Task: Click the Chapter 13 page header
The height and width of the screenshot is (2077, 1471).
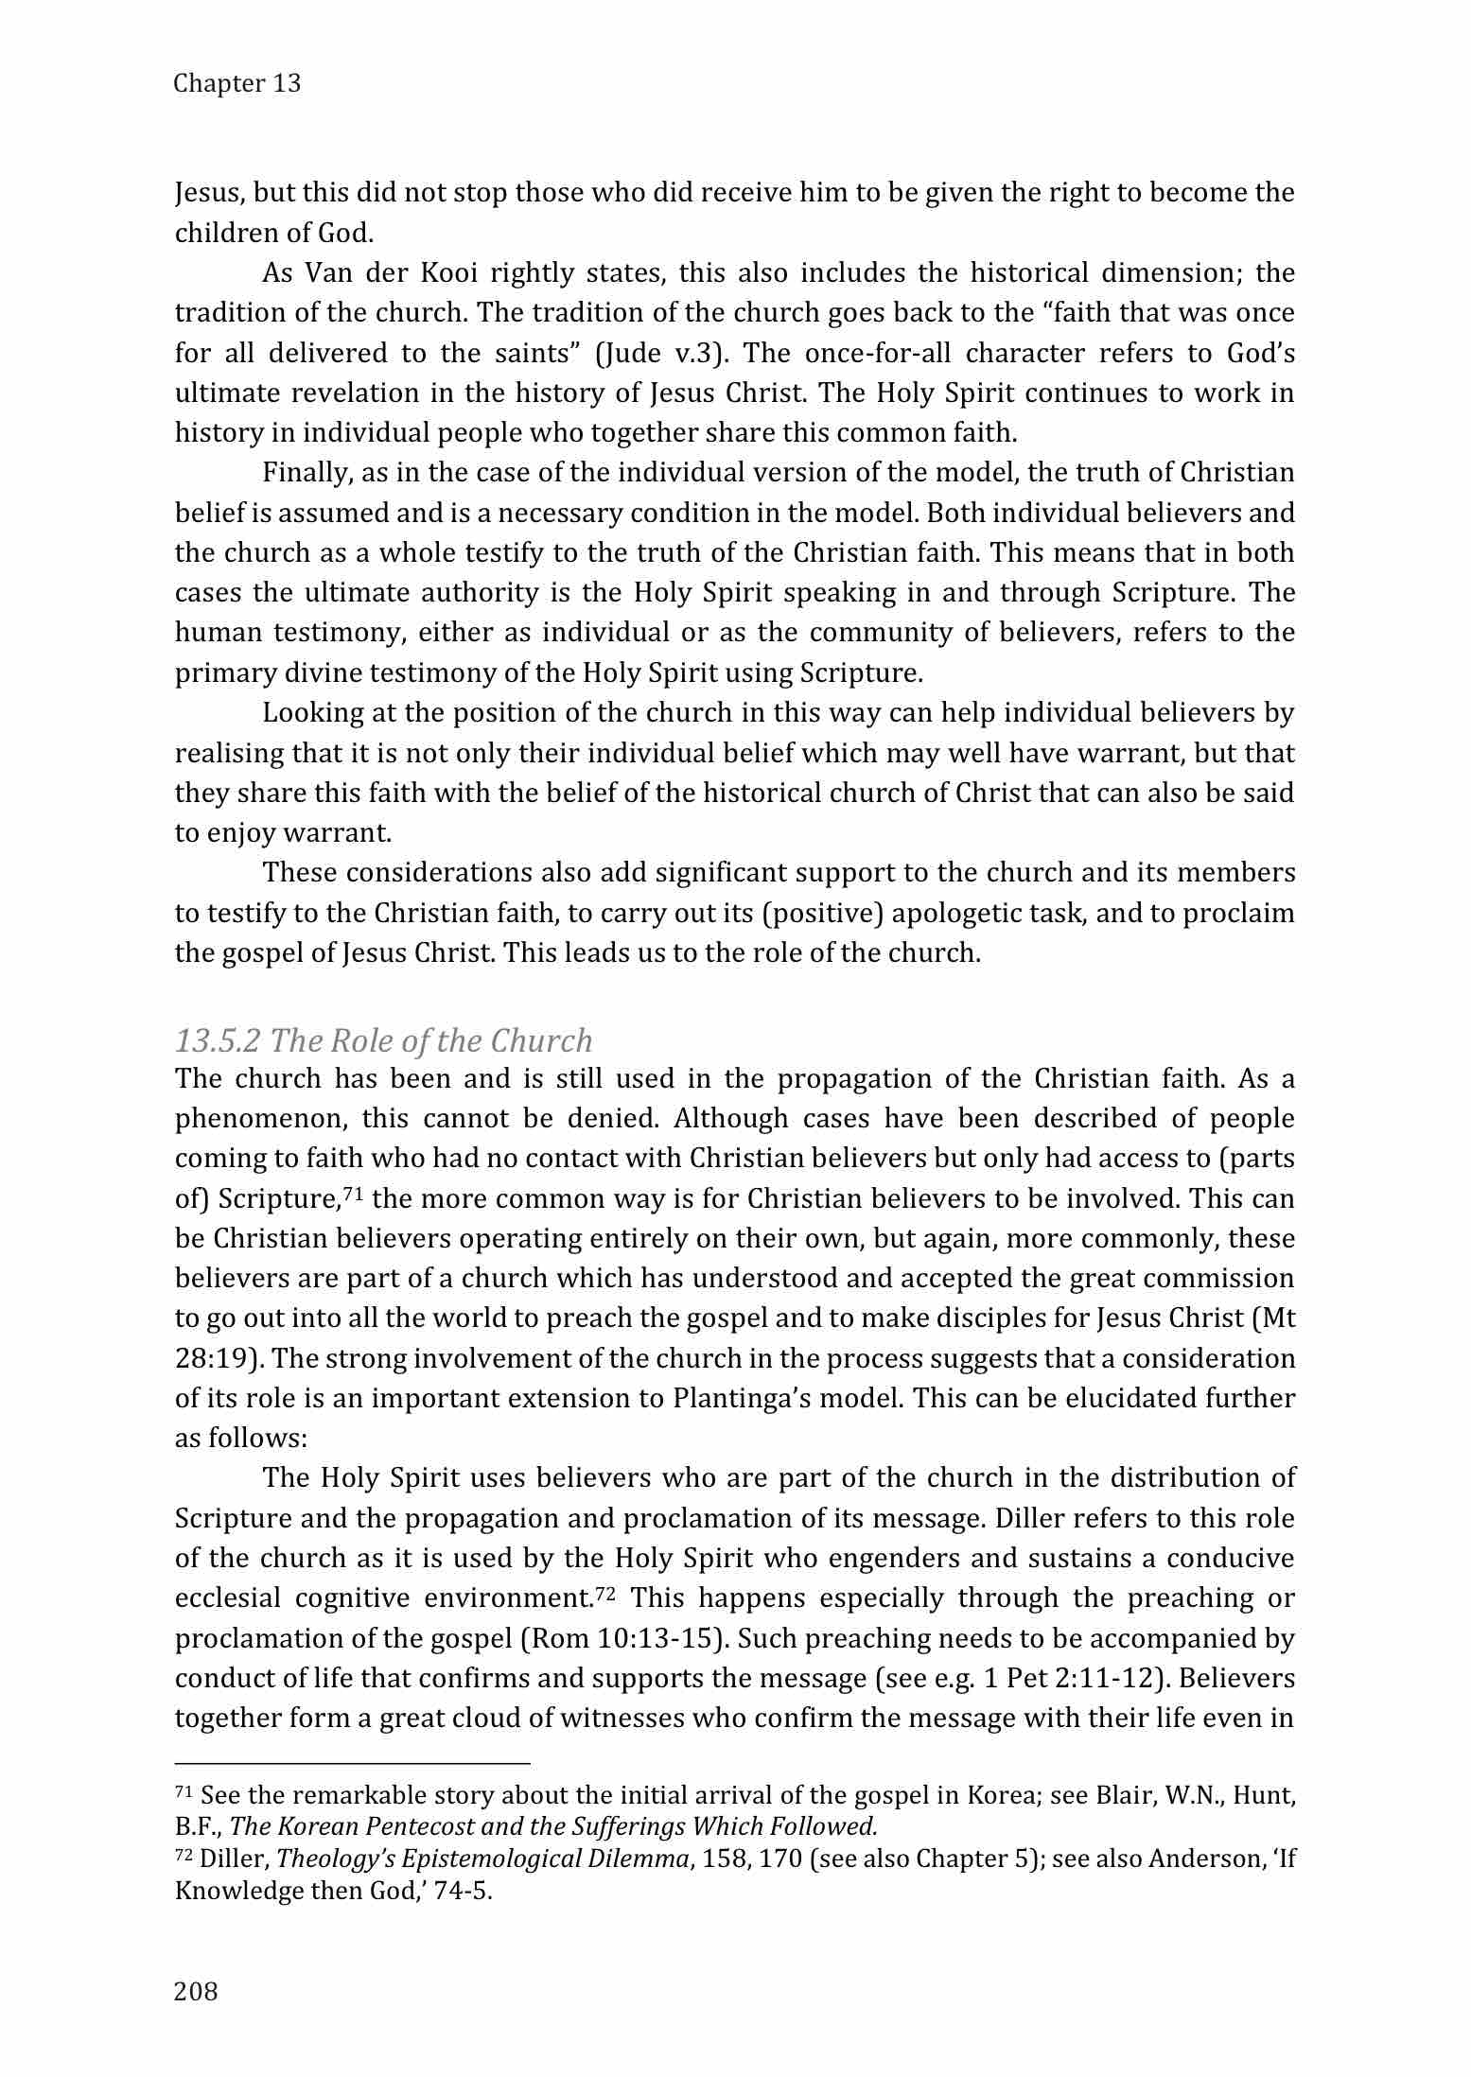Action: click(x=237, y=83)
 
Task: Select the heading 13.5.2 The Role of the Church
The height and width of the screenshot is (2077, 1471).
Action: click(x=383, y=1040)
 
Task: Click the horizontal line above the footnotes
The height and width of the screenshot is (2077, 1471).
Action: click(x=352, y=1763)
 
